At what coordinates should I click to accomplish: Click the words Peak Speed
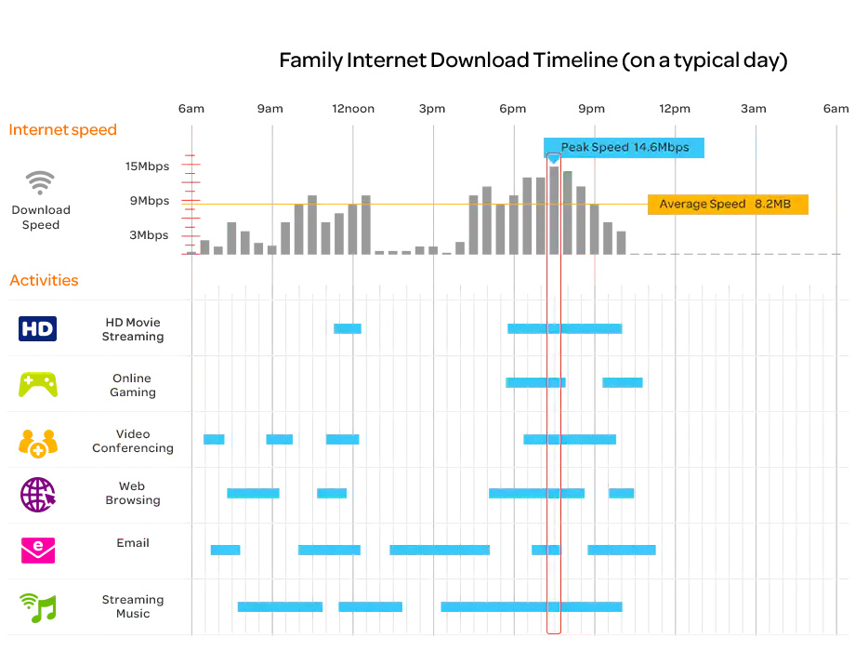(x=595, y=148)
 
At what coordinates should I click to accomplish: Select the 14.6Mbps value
(x=661, y=148)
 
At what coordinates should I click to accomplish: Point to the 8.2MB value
(x=773, y=205)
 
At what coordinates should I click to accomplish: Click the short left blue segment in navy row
(x=348, y=327)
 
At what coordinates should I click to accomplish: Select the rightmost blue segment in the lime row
(x=624, y=382)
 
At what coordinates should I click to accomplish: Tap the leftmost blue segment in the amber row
(x=217, y=439)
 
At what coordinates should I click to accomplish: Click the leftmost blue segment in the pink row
(x=226, y=550)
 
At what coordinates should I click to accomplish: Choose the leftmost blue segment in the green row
(x=280, y=607)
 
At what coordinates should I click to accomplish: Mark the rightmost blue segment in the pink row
(x=623, y=550)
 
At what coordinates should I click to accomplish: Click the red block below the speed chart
(x=577, y=272)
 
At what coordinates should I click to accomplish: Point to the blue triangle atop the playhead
(x=554, y=160)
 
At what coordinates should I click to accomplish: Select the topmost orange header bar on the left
(x=97, y=131)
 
